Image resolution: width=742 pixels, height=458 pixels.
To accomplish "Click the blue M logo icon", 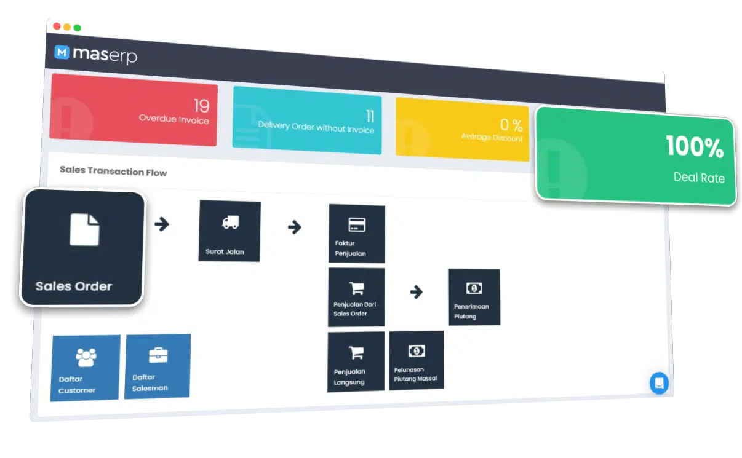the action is point(62,52).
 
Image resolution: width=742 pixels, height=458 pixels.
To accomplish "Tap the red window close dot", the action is point(57,26).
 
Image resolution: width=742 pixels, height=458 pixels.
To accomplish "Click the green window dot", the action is point(77,28).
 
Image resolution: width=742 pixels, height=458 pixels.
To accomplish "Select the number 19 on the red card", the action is point(202,106).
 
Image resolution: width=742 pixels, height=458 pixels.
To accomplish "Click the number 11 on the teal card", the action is point(370,116).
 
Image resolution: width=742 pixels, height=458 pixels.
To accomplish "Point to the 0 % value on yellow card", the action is point(511,125).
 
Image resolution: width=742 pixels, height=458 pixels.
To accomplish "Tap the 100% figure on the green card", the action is point(695,146).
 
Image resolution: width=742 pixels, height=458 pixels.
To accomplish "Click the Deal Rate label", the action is point(699,178).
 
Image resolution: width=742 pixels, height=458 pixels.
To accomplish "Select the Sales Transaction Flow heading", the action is point(113,172).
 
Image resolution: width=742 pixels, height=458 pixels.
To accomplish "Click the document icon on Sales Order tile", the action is point(84,230).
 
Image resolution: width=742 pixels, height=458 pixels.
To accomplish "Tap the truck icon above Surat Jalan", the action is point(231,223).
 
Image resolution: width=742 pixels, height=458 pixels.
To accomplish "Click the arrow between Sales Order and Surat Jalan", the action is point(162,224).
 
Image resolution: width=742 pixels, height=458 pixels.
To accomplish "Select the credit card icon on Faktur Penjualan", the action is point(357,225).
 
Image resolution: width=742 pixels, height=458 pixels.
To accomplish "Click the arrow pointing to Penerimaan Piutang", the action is point(417,292).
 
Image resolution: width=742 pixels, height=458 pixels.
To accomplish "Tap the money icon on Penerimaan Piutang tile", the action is point(474,288).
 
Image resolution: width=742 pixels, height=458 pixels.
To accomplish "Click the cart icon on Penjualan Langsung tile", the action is point(357,353).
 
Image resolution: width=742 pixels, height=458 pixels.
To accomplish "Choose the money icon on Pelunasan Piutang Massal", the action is point(417,351).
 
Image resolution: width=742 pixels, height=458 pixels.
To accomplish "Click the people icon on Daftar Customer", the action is point(86,357).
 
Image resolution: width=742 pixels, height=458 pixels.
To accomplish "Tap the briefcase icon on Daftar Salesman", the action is point(158,355).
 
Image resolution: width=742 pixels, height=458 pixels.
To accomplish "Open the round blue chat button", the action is point(659,383).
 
